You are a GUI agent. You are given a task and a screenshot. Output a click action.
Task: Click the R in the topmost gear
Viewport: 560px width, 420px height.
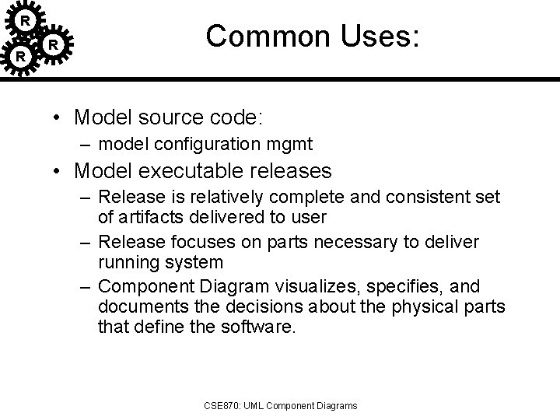point(25,19)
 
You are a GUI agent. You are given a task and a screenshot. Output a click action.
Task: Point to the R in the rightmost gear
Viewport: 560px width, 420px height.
point(53,45)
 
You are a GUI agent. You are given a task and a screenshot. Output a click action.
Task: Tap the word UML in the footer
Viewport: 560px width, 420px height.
point(257,405)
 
